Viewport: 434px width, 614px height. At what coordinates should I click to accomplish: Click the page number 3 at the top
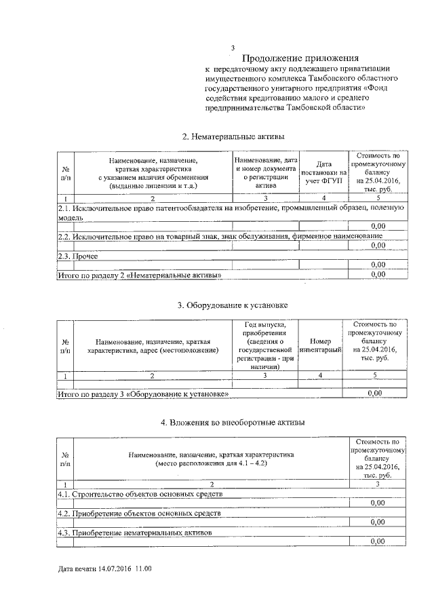233,48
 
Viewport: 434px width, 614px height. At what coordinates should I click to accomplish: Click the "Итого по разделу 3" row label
152,393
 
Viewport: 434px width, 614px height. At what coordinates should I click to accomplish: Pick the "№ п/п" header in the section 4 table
66,459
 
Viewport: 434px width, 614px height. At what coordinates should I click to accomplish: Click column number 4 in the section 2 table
323,197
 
